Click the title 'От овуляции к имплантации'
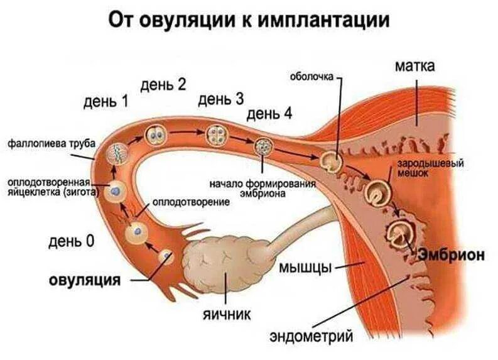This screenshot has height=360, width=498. (249, 21)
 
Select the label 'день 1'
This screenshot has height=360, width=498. (105, 101)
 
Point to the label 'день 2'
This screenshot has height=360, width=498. (163, 84)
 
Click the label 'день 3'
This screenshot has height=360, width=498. (221, 99)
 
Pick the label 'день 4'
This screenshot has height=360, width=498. (270, 114)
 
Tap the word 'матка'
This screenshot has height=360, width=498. (415, 66)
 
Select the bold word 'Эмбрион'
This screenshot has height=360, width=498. (452, 255)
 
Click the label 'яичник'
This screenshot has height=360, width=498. (227, 312)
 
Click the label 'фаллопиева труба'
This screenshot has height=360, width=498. (51, 144)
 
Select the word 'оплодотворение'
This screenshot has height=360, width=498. (190, 204)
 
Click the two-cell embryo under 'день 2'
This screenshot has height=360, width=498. (155, 134)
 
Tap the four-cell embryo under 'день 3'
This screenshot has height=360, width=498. (216, 134)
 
